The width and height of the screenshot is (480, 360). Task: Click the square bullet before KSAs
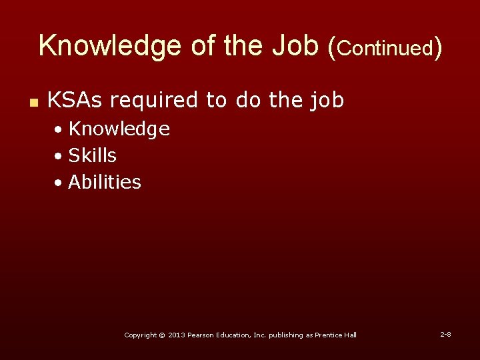click(x=32, y=102)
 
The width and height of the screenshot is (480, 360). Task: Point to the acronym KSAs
click(x=75, y=100)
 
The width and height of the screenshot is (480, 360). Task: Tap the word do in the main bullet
click(x=248, y=100)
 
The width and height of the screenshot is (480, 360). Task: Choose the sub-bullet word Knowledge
click(x=119, y=129)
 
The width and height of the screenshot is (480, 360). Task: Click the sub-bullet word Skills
click(x=92, y=155)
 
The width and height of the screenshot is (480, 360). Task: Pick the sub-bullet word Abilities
click(x=105, y=182)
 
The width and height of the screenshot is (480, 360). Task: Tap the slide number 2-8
click(x=445, y=334)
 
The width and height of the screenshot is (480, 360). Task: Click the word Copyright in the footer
click(x=141, y=335)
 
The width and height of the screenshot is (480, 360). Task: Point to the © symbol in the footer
click(x=162, y=335)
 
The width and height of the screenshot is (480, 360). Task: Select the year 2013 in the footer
click(x=176, y=335)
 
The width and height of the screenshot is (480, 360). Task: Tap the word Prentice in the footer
click(x=330, y=335)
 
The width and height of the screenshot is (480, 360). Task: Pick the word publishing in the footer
click(x=285, y=335)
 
